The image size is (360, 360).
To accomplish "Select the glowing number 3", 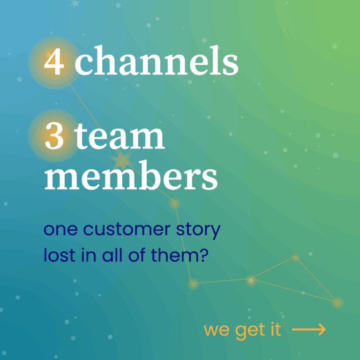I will click(54, 136).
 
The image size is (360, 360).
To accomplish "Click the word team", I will click(120, 136).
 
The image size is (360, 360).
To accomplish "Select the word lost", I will click(57, 256).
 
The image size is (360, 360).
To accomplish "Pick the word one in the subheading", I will click(60, 231).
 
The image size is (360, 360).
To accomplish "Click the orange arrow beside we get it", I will click(308, 330).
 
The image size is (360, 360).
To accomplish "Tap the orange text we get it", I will click(242, 330).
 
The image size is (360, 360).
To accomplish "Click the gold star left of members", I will click(122, 161).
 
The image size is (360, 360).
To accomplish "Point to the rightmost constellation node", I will click(337, 303).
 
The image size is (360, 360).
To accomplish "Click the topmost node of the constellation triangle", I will click(295, 258).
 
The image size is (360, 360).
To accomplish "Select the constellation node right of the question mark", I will click(251, 280).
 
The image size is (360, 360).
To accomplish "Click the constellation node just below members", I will click(175, 203).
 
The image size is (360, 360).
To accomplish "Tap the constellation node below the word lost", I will click(193, 284).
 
